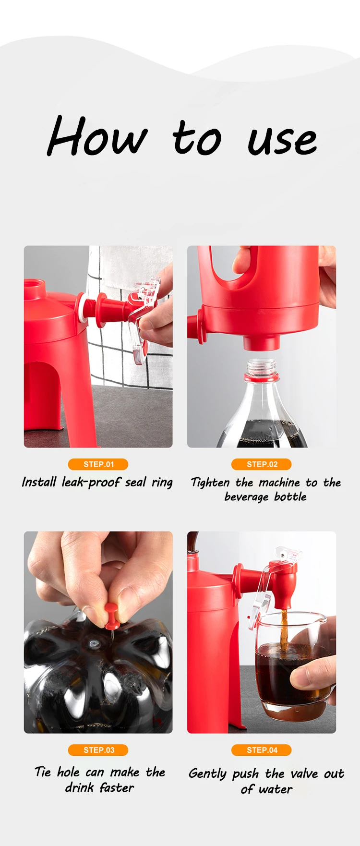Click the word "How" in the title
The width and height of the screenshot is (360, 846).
click(x=96, y=137)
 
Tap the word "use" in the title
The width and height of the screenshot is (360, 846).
click(x=282, y=140)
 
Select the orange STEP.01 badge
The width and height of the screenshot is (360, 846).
click(x=98, y=464)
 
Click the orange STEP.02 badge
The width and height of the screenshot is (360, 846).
click(x=262, y=464)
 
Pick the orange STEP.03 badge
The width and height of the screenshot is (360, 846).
click(x=98, y=750)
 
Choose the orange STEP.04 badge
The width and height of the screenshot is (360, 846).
click(x=262, y=750)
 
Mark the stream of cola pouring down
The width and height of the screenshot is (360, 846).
click(x=284, y=624)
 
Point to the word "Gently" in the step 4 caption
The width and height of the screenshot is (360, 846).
click(x=207, y=774)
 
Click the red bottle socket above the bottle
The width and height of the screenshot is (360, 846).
click(x=262, y=342)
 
